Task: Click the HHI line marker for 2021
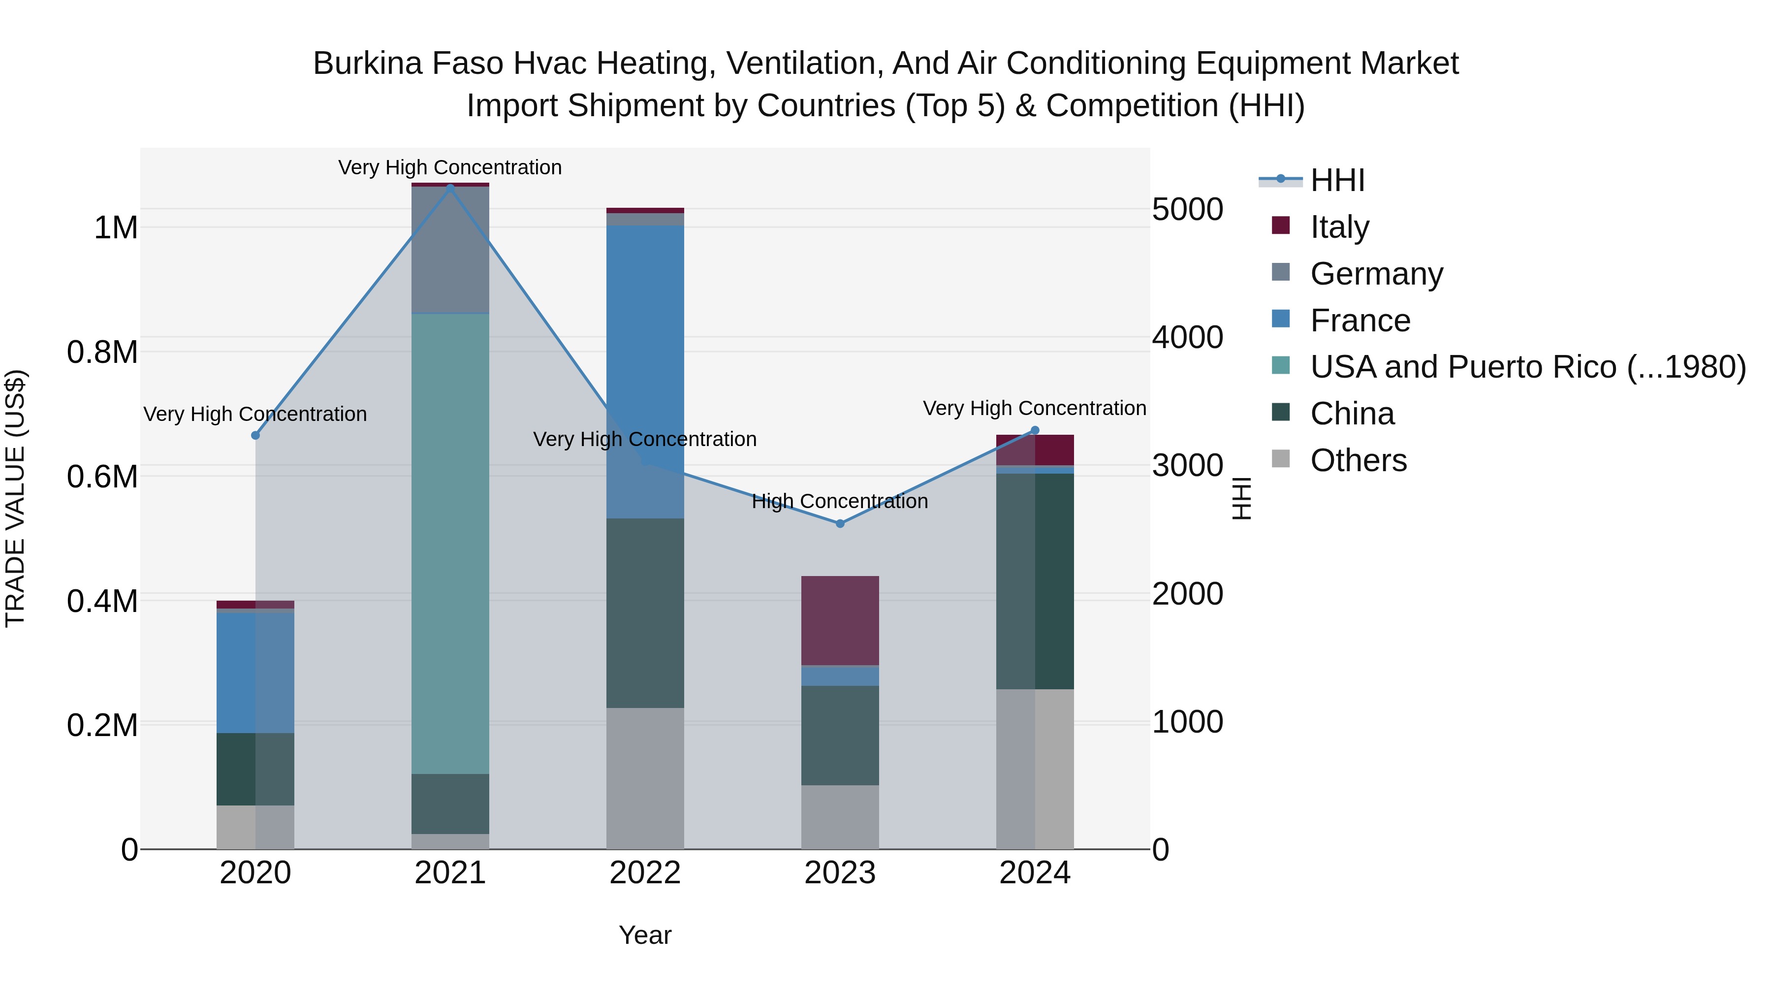[x=450, y=188]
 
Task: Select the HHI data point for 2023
[x=840, y=524]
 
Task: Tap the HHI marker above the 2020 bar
[x=255, y=436]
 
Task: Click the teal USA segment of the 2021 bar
[x=450, y=544]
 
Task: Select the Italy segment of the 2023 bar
[x=840, y=621]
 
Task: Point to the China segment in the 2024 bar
[x=1035, y=581]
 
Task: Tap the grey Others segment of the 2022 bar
[x=645, y=777]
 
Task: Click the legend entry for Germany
[x=1376, y=274]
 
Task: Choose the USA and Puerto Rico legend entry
[x=1527, y=367]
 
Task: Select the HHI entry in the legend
[x=1336, y=180]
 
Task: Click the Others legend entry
[x=1358, y=461]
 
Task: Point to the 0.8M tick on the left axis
[x=102, y=353]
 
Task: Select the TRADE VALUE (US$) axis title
[x=15, y=498]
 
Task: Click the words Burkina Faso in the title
[x=410, y=64]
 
